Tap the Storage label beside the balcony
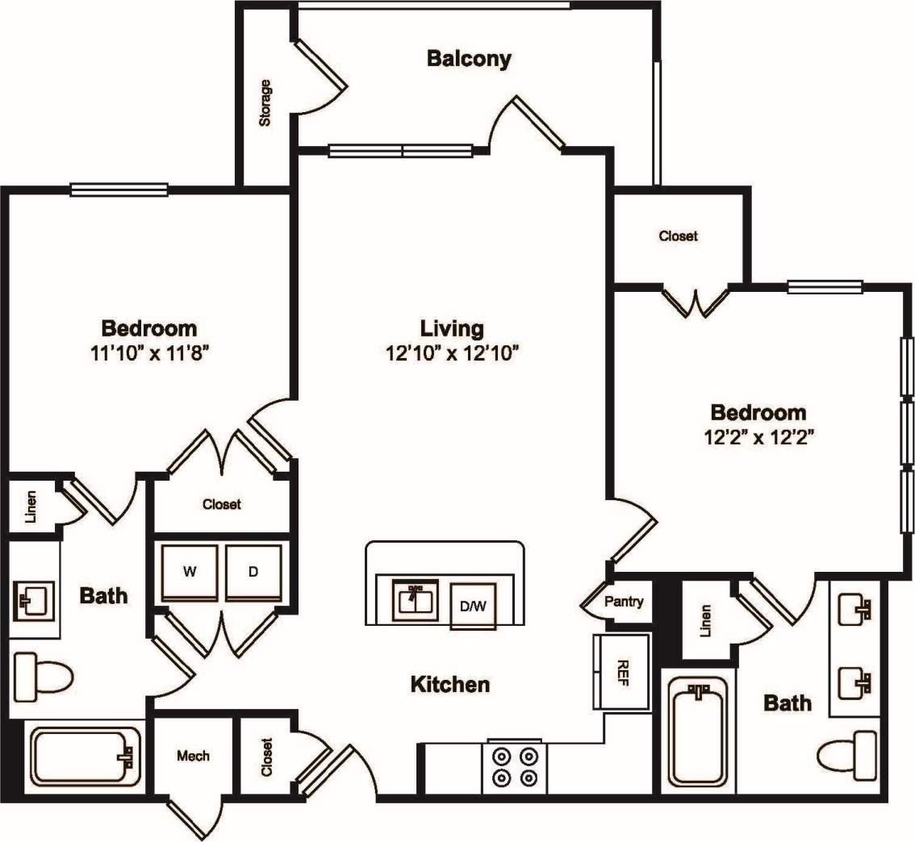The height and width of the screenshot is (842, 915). pyautogui.click(x=265, y=102)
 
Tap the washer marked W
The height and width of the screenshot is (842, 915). pyautogui.click(x=190, y=573)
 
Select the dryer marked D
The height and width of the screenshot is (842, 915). pyautogui.click(x=253, y=573)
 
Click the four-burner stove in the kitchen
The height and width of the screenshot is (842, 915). pyautogui.click(x=515, y=765)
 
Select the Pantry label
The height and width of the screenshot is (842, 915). pyautogui.click(x=624, y=601)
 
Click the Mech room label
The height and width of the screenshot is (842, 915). pyautogui.click(x=193, y=756)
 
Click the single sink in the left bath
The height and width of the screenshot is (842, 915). pyautogui.click(x=33, y=600)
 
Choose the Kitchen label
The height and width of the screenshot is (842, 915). pyautogui.click(x=450, y=685)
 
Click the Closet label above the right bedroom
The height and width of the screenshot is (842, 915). pyautogui.click(x=678, y=236)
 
